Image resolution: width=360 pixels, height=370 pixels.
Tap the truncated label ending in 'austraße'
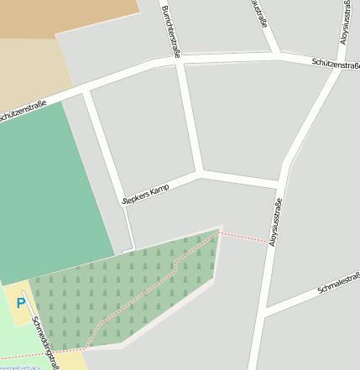[259, 13]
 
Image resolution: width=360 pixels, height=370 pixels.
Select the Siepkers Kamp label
[146, 193]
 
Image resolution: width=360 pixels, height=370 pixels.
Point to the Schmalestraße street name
[338, 284]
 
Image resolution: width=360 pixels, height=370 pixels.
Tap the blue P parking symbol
[21, 303]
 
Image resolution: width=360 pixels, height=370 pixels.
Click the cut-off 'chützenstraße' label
[21, 113]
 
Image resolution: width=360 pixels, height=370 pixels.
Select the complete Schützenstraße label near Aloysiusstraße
[335, 64]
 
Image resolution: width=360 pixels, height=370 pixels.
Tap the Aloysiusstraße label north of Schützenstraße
[345, 23]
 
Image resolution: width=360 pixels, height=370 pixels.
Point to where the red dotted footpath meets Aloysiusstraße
[272, 243]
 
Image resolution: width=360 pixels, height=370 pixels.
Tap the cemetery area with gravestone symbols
[126, 289]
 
